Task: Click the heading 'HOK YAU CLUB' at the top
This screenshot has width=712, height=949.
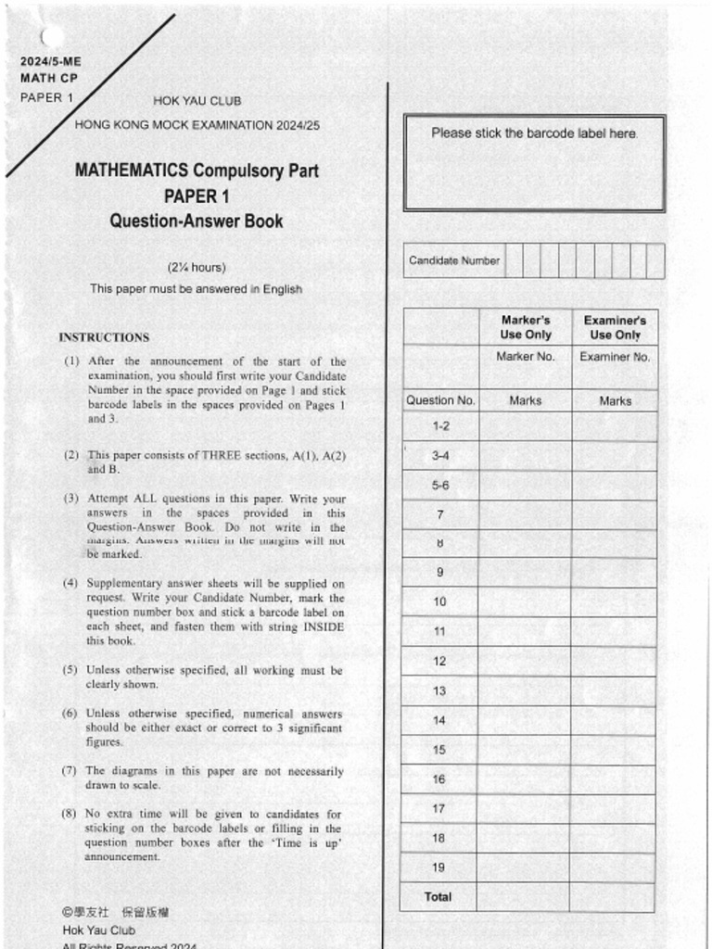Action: pyautogui.click(x=197, y=101)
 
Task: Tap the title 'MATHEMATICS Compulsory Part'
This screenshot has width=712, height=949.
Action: pyautogui.click(x=197, y=171)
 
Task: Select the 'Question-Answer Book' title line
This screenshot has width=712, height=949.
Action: pyautogui.click(x=197, y=221)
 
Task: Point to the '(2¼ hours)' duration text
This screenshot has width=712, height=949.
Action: pyautogui.click(x=197, y=268)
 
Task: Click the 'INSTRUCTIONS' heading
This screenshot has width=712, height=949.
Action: pyautogui.click(x=104, y=337)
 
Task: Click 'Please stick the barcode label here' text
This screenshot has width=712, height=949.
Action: pyautogui.click(x=534, y=133)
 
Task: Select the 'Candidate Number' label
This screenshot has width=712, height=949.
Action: pyautogui.click(x=454, y=260)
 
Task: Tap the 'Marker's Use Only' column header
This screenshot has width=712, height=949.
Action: pyautogui.click(x=526, y=327)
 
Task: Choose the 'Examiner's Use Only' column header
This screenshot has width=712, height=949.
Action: pyautogui.click(x=615, y=327)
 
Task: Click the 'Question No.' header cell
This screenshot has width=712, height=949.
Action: pyautogui.click(x=440, y=401)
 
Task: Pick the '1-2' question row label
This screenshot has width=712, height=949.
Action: pyautogui.click(x=440, y=426)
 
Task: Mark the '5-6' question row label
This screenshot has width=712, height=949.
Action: pyautogui.click(x=440, y=485)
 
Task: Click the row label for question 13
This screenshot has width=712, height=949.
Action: pyautogui.click(x=439, y=690)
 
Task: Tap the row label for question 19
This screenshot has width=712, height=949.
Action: pyautogui.click(x=439, y=867)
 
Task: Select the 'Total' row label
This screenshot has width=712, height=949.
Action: pyautogui.click(x=438, y=897)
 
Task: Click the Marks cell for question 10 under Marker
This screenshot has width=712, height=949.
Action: pyautogui.click(x=525, y=602)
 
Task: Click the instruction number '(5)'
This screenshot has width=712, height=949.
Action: pyautogui.click(x=70, y=670)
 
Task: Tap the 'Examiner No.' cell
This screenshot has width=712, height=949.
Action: pyautogui.click(x=615, y=357)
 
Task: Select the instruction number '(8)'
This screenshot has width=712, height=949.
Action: pyautogui.click(x=70, y=815)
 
